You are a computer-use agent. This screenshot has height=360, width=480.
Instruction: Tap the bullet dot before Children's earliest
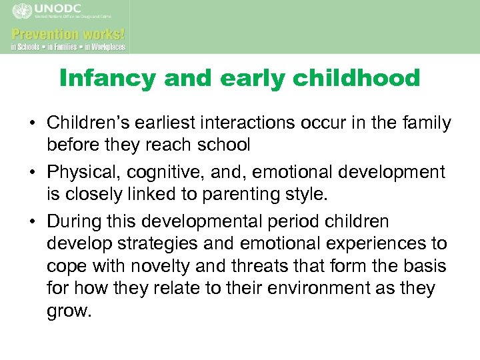click(x=31, y=124)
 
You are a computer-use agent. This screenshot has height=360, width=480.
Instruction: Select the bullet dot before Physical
click(x=31, y=173)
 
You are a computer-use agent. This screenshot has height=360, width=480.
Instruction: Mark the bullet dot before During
click(x=31, y=221)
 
